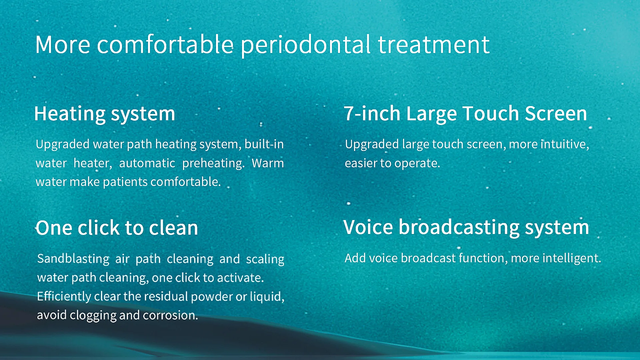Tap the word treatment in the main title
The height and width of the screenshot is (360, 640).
434,45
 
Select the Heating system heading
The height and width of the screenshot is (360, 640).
105,114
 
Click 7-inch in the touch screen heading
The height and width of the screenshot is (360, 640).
372,113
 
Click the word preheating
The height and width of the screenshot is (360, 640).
213,163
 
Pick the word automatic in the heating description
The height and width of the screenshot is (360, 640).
147,163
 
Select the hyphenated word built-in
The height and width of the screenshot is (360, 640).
264,144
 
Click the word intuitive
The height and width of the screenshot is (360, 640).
565,144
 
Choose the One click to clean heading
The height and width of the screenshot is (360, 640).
117,228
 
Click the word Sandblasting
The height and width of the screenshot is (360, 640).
73,259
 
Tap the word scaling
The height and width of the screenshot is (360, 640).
265,259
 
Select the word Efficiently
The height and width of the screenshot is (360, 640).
64,296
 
